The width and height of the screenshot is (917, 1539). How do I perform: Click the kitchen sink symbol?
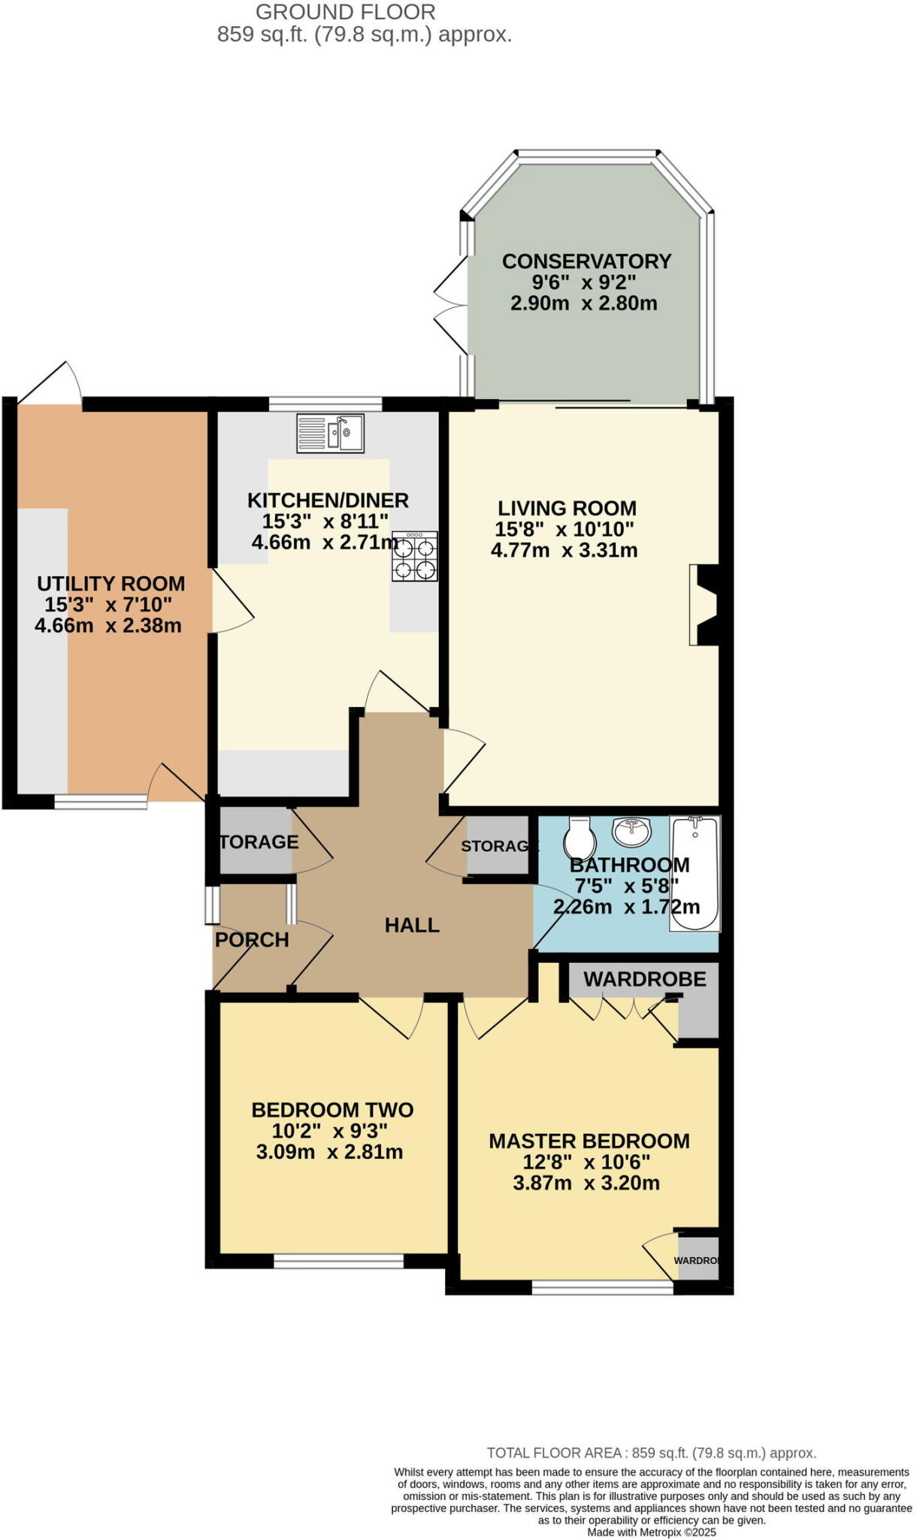pos(331,433)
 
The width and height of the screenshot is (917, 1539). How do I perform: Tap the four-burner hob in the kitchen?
pos(414,556)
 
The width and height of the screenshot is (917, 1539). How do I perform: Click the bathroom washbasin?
pos(632,830)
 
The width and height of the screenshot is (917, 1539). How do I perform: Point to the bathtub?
pos(695,873)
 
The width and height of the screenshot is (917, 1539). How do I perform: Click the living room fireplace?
pos(704,605)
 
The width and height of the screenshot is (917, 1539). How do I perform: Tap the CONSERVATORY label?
pos(586,262)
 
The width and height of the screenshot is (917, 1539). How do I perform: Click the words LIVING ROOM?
pos(567,508)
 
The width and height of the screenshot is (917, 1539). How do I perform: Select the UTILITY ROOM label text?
pos(111,584)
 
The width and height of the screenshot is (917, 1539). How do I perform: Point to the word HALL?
pos(412,925)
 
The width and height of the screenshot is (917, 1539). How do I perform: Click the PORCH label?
pos(252,940)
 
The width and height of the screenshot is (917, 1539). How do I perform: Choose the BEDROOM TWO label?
pos(332,1110)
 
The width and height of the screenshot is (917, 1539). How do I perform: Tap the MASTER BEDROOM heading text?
pos(589,1141)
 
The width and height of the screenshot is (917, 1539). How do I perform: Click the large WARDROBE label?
pos(645,979)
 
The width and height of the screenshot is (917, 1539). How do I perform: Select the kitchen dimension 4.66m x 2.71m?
pos(325,542)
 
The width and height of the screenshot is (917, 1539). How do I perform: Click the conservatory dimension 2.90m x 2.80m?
pos(584,304)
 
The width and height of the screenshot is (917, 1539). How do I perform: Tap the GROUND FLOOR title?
pos(345,12)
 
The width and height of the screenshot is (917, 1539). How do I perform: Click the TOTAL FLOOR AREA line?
pos(651,1453)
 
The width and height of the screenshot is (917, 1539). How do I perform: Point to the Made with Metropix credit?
pos(651,1531)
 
